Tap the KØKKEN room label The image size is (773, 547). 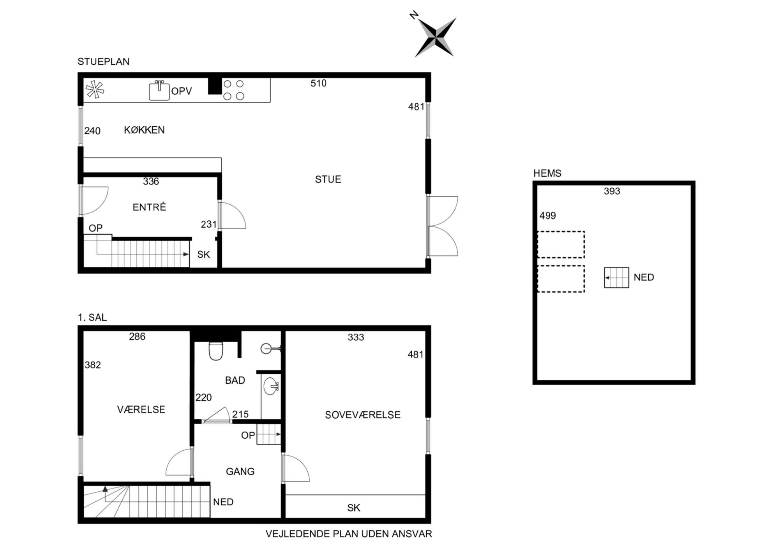tap(144, 130)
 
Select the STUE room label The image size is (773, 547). tap(328, 179)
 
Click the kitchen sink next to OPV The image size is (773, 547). tap(159, 90)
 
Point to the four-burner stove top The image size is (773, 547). tap(234, 90)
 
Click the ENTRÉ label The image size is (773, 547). tap(149, 207)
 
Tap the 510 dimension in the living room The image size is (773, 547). tap(318, 83)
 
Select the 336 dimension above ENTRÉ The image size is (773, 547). tap(151, 181)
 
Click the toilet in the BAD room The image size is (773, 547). tap(216, 351)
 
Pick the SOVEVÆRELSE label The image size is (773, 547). tap(363, 415)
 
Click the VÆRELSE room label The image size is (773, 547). tap(141, 409)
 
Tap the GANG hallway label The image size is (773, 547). tap(240, 472)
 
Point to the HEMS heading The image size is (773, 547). tap(547, 173)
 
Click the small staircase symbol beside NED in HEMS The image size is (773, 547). tap(616, 278)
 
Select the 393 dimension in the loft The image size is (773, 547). tap(612, 191)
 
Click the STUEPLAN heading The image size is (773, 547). tap(103, 62)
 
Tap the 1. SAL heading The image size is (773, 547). tap(92, 318)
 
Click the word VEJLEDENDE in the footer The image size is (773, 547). tap(298, 534)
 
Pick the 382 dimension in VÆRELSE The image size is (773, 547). tap(93, 365)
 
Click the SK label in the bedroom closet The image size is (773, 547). tap(354, 508)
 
